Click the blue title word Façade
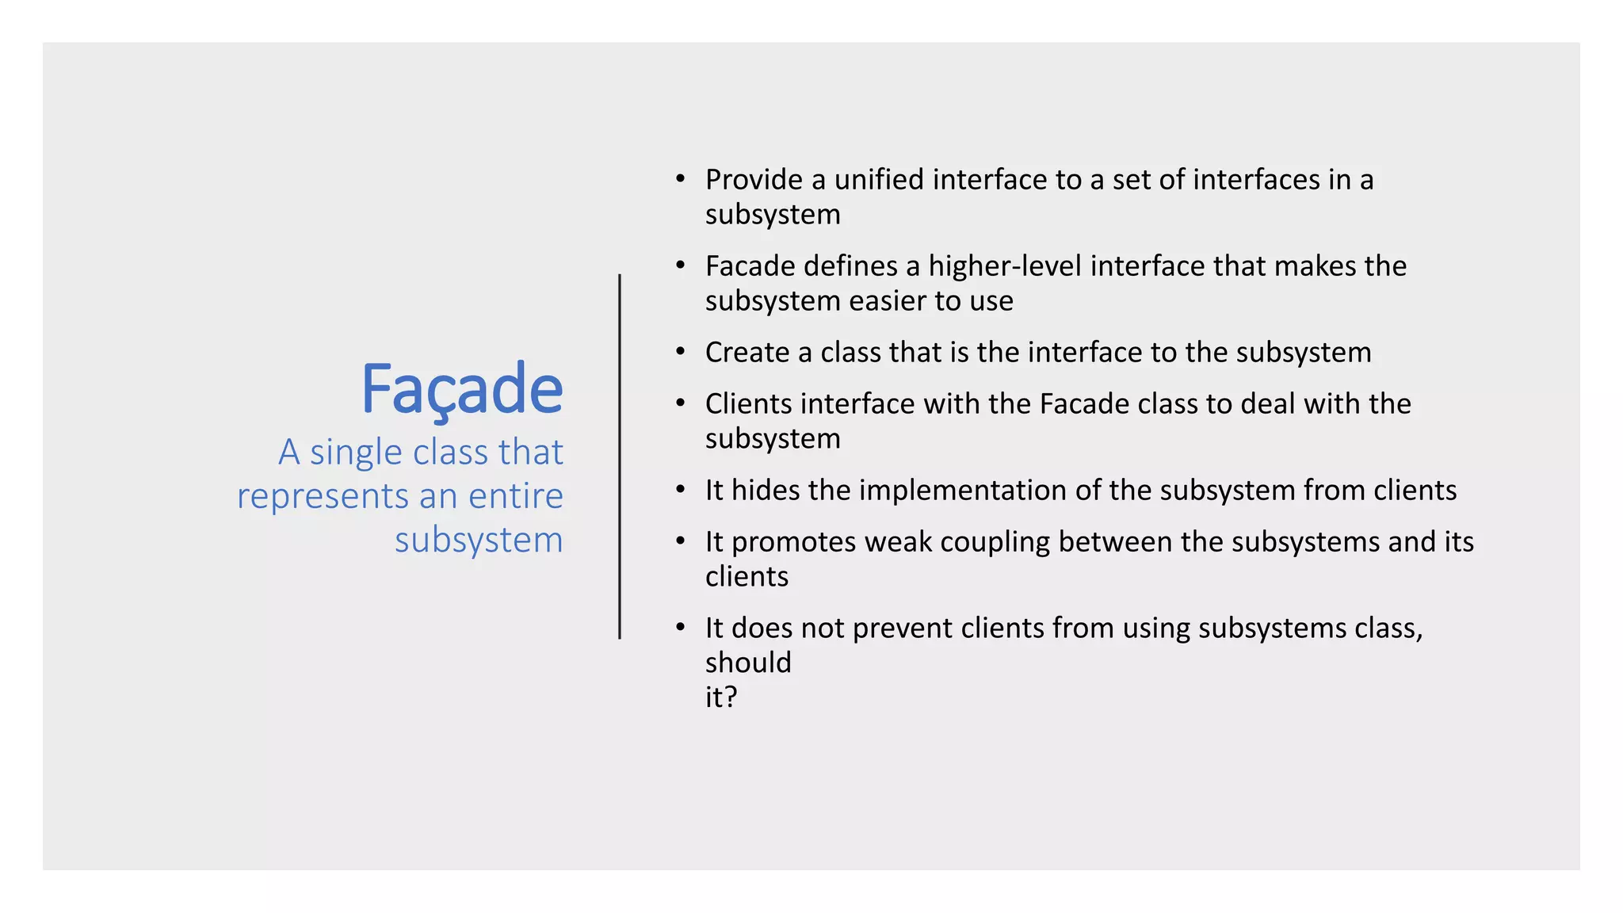coord(462,390)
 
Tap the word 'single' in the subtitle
coord(356,453)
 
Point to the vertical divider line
coord(620,456)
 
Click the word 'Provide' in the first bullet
coord(754,180)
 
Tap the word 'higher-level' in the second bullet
coord(1005,266)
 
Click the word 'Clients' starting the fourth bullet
coord(749,404)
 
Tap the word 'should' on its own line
coord(748,663)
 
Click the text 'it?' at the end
coord(721,697)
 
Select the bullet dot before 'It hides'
coord(680,490)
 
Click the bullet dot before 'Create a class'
coord(680,352)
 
